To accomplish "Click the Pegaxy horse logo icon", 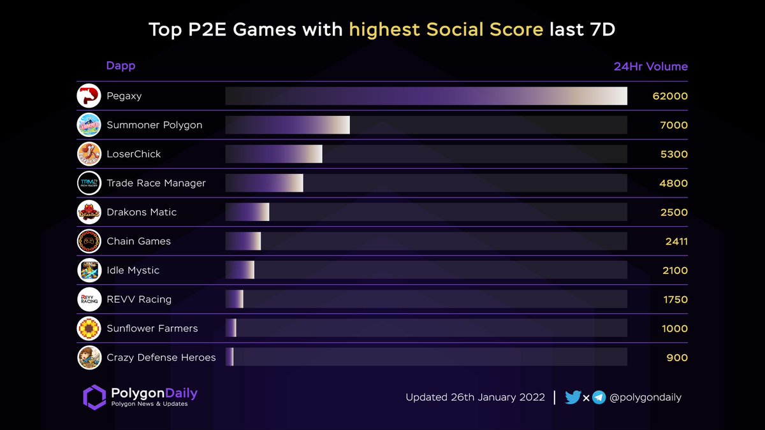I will [x=89, y=96].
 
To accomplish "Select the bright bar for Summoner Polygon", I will [x=288, y=125].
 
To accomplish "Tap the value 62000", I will [x=670, y=96].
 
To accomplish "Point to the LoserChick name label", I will [x=134, y=154].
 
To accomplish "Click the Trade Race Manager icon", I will [x=89, y=183].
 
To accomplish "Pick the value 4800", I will [x=674, y=183].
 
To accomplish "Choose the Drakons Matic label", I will [x=142, y=212].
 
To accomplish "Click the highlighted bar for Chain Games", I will [x=244, y=241].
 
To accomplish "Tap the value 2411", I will [x=676, y=241].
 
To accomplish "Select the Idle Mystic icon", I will [x=89, y=271].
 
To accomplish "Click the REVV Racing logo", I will [x=89, y=299].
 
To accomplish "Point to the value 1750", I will [x=676, y=299].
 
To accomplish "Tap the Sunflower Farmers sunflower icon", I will [x=89, y=329].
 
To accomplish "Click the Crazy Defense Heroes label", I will [x=161, y=357].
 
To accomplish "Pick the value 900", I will [x=677, y=358].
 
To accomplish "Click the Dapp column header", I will [x=120, y=66].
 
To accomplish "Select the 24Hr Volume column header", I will [x=650, y=66].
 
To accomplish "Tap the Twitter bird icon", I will [x=572, y=398].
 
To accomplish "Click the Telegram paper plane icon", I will [x=599, y=398].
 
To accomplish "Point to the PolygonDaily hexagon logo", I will [x=94, y=396].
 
